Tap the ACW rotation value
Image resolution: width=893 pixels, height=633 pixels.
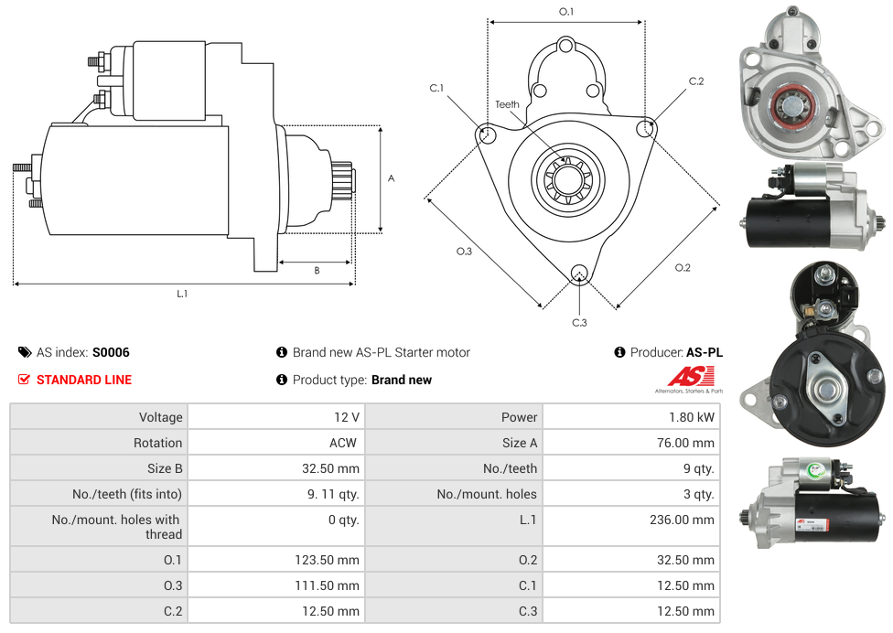(345, 443)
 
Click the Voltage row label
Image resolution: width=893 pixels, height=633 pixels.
(160, 417)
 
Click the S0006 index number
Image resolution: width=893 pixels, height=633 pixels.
(111, 352)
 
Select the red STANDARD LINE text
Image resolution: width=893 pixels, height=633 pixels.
(83, 380)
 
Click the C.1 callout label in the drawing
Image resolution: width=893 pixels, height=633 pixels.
(436, 88)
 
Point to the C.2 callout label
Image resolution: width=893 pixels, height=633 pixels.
(696, 81)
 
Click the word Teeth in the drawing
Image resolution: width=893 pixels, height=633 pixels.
(507, 104)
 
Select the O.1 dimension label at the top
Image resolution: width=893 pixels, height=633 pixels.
(566, 12)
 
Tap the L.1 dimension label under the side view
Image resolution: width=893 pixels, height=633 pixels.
(182, 294)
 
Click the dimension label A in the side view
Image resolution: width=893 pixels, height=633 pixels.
(391, 178)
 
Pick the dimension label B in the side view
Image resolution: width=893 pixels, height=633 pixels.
(317, 271)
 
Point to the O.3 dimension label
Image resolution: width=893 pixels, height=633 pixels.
(464, 252)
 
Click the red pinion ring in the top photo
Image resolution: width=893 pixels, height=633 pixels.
(789, 107)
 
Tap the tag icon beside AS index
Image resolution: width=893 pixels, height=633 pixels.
(24, 352)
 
